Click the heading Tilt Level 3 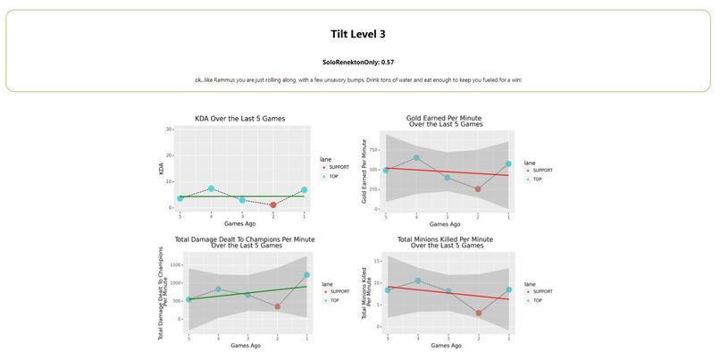(x=358, y=34)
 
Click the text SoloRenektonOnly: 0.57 (x=358, y=63)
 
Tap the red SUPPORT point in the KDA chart (x=272, y=205)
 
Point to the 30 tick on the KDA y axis (x=170, y=130)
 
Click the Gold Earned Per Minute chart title (x=445, y=121)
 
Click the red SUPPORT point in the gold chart (x=478, y=189)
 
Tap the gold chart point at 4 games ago (x=416, y=158)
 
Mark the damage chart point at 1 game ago (x=306, y=275)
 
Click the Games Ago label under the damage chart (x=246, y=345)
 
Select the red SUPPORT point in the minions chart (x=479, y=313)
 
